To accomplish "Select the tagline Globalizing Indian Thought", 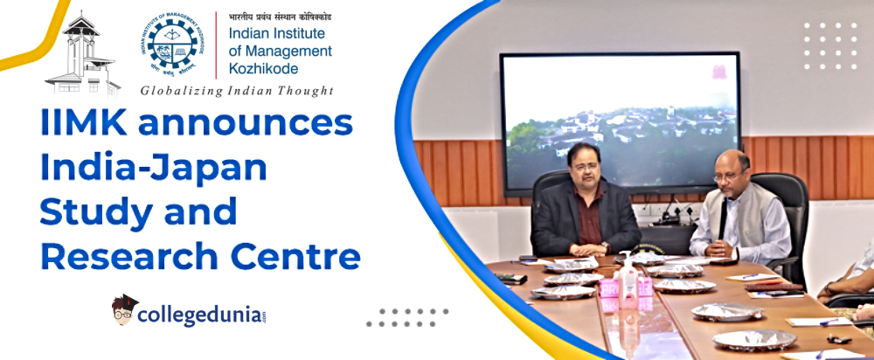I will pos(237,90).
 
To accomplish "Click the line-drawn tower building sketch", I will pos(83,54).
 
